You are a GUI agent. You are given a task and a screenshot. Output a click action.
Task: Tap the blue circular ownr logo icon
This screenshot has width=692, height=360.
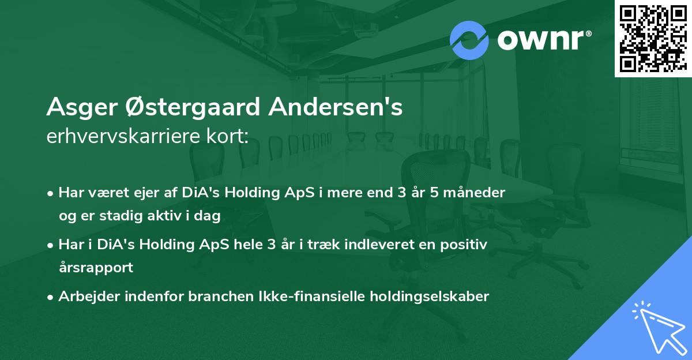click(x=469, y=39)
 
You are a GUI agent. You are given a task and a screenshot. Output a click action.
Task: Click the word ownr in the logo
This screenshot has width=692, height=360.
click(x=543, y=39)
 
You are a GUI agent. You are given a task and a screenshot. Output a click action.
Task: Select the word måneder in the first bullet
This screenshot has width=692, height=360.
click(x=476, y=193)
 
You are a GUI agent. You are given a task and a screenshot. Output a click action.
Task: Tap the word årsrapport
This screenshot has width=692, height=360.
click(x=96, y=268)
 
